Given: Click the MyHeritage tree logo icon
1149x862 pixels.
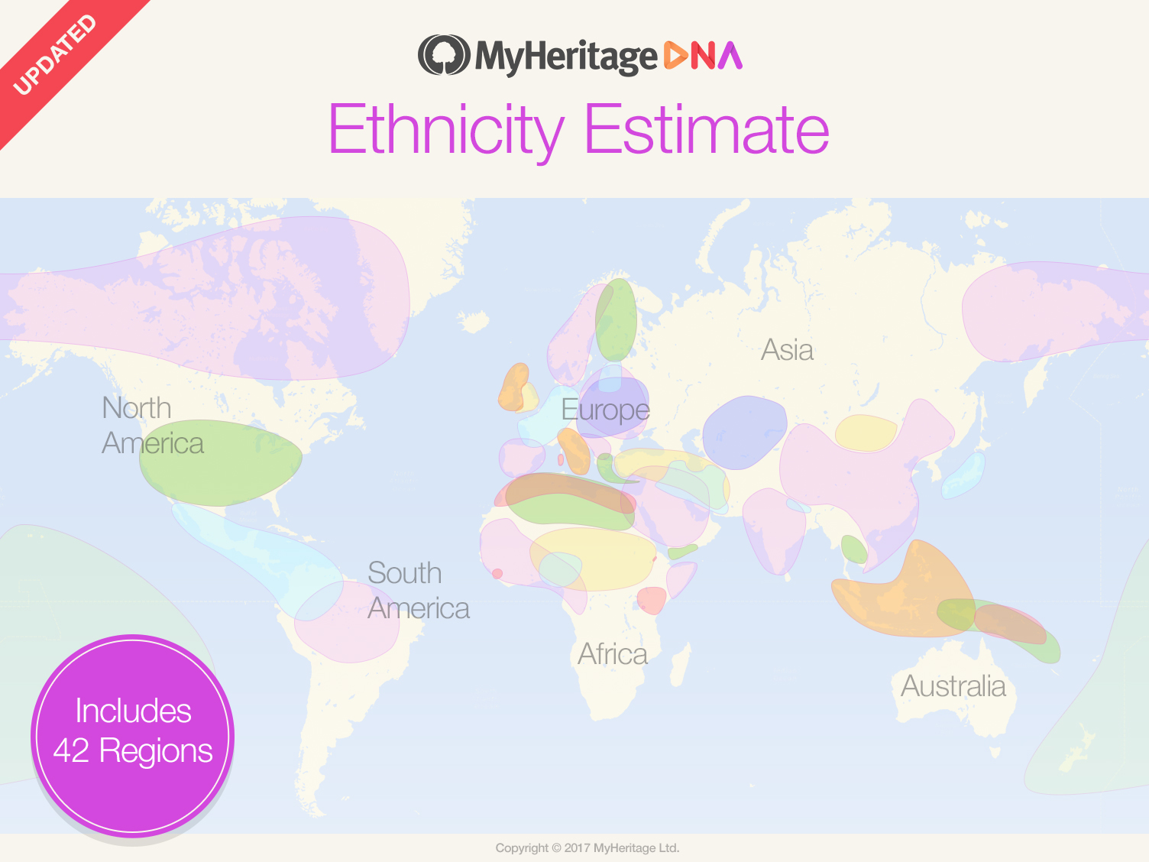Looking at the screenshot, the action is tap(443, 55).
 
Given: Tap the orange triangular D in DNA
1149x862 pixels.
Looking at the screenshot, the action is tap(676, 56).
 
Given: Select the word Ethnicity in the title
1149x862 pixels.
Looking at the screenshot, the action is tap(446, 130).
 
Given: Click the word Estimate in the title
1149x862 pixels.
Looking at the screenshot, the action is tap(707, 130).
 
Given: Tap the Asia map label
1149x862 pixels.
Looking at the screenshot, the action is tap(787, 350).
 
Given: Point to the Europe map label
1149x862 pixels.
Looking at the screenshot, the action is tap(605, 410).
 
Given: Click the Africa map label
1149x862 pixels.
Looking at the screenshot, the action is tap(612, 654).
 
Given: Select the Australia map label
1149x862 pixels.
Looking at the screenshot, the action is tap(953, 686).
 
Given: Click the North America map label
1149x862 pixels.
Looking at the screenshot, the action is tap(152, 426).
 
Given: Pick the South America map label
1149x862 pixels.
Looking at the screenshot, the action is tap(418, 591).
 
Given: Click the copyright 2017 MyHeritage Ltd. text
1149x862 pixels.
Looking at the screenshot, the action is tap(587, 847).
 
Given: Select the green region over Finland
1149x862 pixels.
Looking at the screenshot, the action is tap(616, 319).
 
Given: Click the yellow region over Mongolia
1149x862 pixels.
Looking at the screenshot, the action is tap(865, 433).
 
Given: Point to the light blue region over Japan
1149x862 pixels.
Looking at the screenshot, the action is tap(964, 475).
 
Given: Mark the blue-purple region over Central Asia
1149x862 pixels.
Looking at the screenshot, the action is tap(743, 432).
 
